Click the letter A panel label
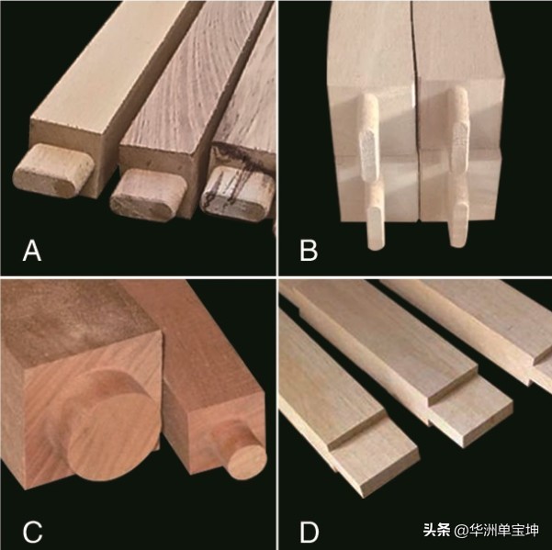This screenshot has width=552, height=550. pos(32,251)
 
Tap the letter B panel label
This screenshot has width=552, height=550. pos(309,251)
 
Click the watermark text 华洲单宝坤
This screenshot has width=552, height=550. pos(504,529)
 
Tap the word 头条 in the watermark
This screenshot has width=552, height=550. pos(436,529)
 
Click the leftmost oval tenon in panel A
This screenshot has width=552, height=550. pos(53,172)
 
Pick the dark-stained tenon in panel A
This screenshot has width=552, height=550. pos(237,194)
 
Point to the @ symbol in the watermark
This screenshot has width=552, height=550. pos(460,530)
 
